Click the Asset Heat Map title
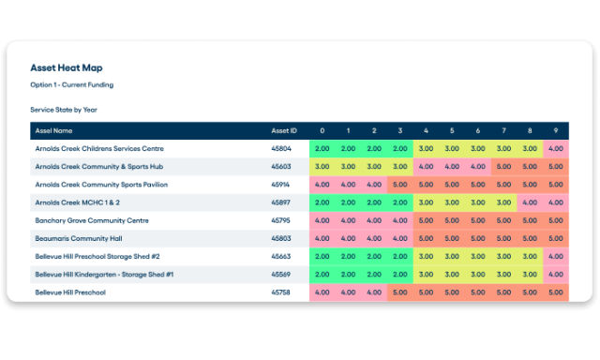click(67, 68)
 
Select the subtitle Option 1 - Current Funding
click(72, 85)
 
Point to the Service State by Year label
click(64, 110)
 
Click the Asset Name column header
click(53, 130)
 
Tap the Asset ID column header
click(283, 130)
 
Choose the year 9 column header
click(555, 130)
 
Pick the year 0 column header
click(322, 130)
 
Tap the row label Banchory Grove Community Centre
click(92, 220)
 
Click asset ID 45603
click(281, 166)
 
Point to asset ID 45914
click(281, 185)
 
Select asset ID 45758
click(281, 292)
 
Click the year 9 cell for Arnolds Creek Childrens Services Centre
click(555, 148)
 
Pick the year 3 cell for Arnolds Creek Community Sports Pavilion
click(399, 185)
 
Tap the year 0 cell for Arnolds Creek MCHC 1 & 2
click(322, 202)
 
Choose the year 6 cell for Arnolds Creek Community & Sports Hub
click(477, 166)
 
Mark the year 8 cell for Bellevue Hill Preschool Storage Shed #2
click(530, 257)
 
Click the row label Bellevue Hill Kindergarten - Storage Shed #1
click(111, 275)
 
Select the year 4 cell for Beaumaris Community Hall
click(426, 239)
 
